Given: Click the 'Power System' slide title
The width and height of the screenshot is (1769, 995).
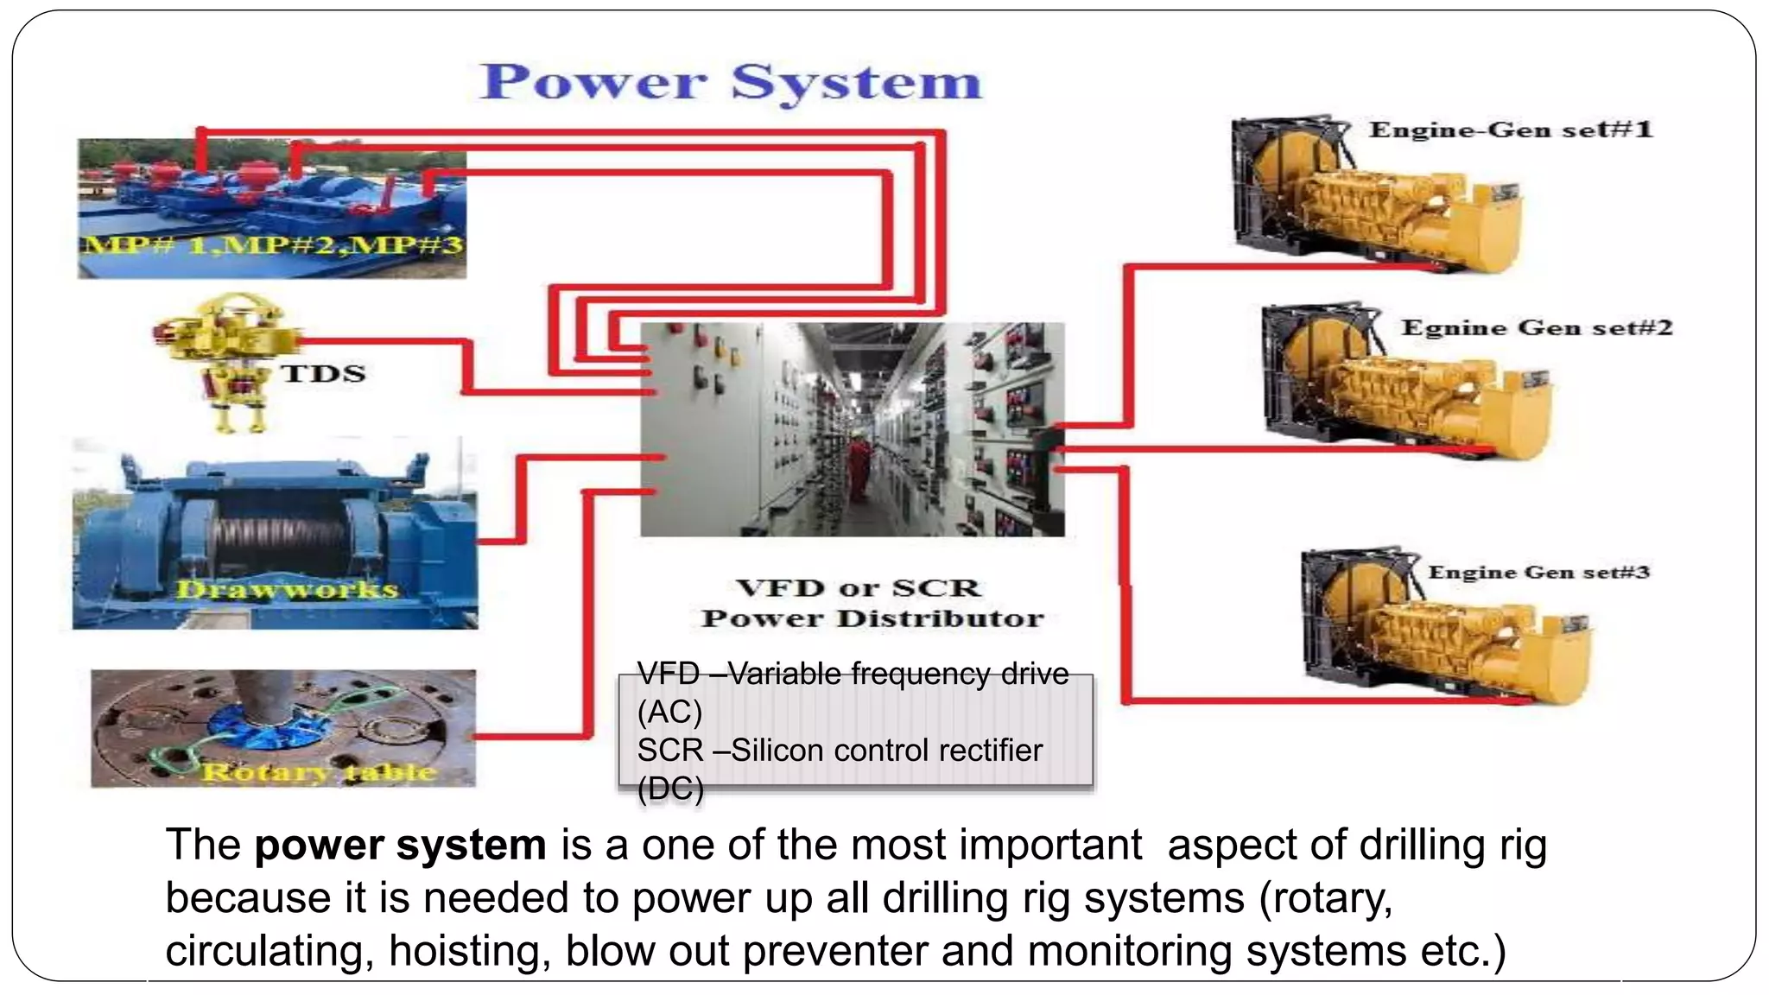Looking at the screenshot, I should click(731, 83).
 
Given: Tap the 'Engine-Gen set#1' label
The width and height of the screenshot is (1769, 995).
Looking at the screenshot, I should click(1510, 130).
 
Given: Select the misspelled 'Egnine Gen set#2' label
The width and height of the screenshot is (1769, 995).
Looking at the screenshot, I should click(1537, 327).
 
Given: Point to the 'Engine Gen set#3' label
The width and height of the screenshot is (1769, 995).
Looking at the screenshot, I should click(1538, 572).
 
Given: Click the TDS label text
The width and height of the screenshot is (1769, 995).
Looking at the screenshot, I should click(323, 373).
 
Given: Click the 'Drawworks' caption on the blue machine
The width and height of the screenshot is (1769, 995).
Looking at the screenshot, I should click(287, 590).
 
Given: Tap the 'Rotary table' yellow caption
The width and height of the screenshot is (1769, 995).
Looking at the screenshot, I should click(320, 771).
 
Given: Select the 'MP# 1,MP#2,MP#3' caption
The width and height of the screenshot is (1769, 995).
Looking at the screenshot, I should click(272, 245).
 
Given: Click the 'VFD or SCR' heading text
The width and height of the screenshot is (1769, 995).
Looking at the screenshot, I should click(858, 588).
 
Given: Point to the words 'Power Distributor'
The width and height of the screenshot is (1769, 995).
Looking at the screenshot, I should click(872, 618).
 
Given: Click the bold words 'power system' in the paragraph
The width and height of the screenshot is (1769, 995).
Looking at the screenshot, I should click(400, 845).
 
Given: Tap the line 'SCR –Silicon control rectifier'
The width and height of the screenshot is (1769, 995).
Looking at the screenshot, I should click(840, 750).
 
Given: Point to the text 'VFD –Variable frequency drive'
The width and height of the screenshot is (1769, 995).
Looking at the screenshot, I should click(853, 673).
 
